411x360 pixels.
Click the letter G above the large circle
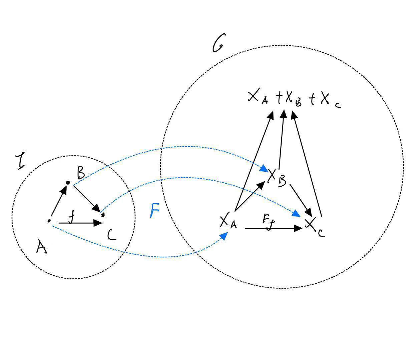[219, 43]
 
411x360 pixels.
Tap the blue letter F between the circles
[154, 210]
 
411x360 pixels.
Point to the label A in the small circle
[41, 247]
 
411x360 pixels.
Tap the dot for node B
[68, 183]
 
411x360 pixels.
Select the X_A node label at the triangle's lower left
[228, 222]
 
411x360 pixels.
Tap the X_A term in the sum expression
[258, 97]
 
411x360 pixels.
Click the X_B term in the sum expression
[293, 98]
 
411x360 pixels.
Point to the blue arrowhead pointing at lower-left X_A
[224, 236]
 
